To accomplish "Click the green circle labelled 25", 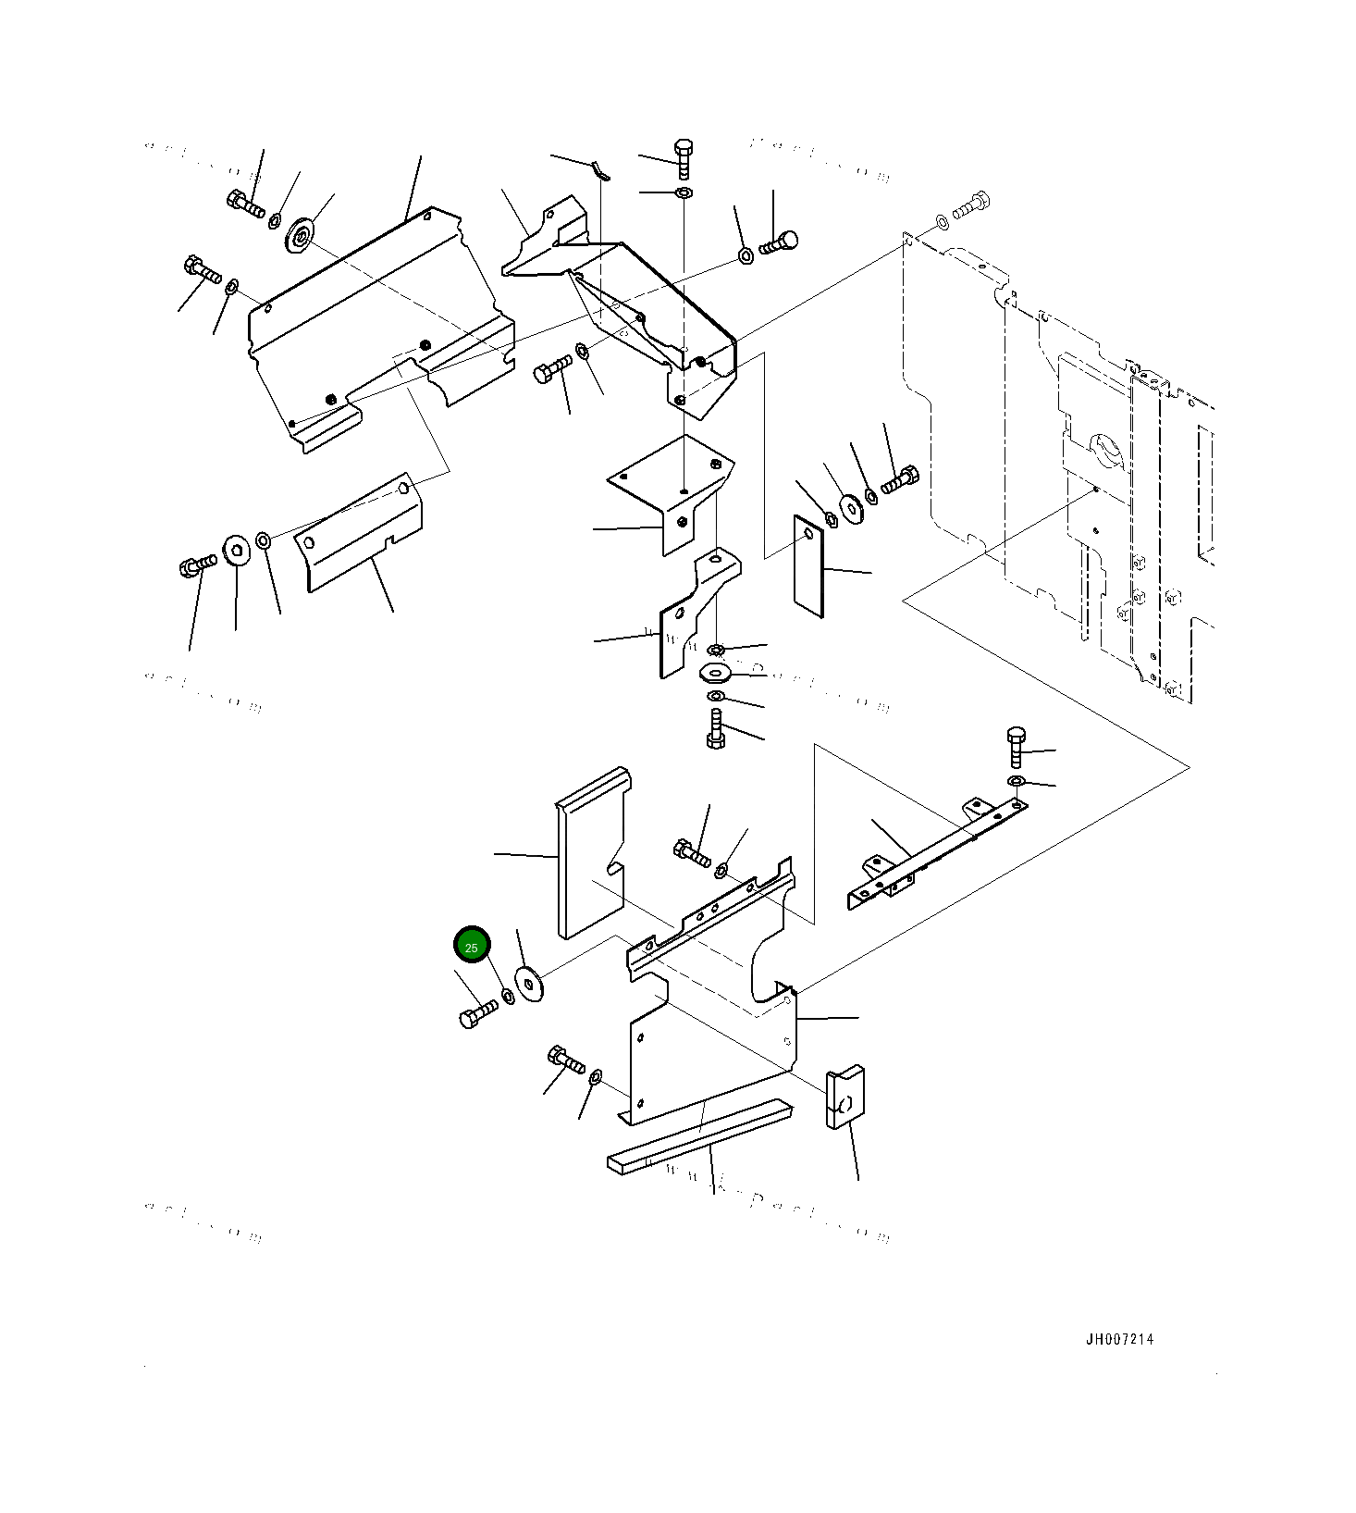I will tap(472, 946).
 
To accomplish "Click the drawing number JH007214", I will tap(1119, 1339).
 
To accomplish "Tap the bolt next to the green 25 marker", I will tap(478, 1015).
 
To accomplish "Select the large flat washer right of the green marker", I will tap(531, 983).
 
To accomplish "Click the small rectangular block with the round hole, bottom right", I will tap(845, 1098).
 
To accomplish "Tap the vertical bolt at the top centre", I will tap(684, 159).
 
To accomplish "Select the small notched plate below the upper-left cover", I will tap(361, 537).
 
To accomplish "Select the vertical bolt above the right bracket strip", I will tap(1015, 747).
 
